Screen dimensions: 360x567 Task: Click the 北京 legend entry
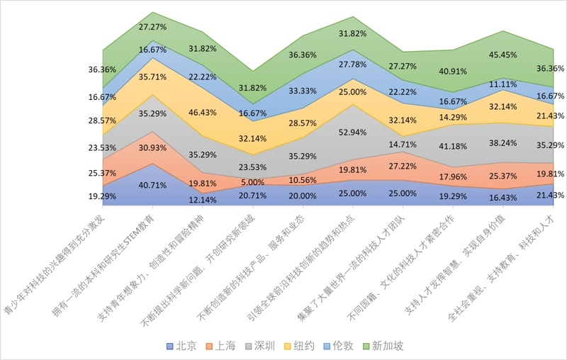(181, 347)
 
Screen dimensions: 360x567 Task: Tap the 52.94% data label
(353, 131)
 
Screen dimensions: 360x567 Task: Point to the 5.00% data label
(252, 182)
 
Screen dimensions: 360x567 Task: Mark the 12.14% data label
(203, 200)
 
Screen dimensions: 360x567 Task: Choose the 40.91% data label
(453, 71)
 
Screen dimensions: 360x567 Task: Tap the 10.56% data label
(303, 180)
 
